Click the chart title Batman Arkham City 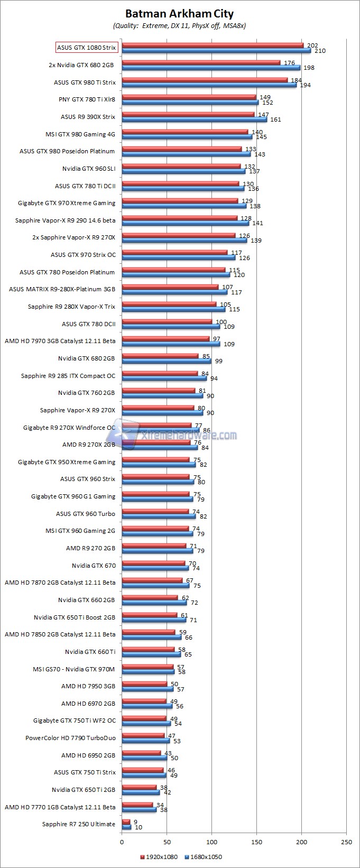click(x=179, y=14)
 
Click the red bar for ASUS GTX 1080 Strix click(x=213, y=45)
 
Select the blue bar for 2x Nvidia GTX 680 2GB click(x=211, y=68)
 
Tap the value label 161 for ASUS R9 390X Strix click(x=275, y=119)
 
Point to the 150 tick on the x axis click(x=257, y=842)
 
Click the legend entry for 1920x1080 click(x=158, y=857)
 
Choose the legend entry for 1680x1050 click(x=204, y=857)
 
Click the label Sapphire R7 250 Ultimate click(x=79, y=824)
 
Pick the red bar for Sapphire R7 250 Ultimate click(x=126, y=822)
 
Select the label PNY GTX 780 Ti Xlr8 click(x=87, y=99)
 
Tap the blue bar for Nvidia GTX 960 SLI click(x=183, y=171)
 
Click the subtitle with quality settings click(x=179, y=25)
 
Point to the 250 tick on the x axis click(x=347, y=842)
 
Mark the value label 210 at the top click(x=319, y=51)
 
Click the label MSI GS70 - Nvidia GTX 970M click(x=73, y=669)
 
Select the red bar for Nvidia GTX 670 click(x=153, y=564)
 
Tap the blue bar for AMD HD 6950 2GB click(x=144, y=758)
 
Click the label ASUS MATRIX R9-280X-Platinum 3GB click(x=62, y=289)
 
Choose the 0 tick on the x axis click(x=122, y=842)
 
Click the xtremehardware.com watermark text click(x=189, y=436)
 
